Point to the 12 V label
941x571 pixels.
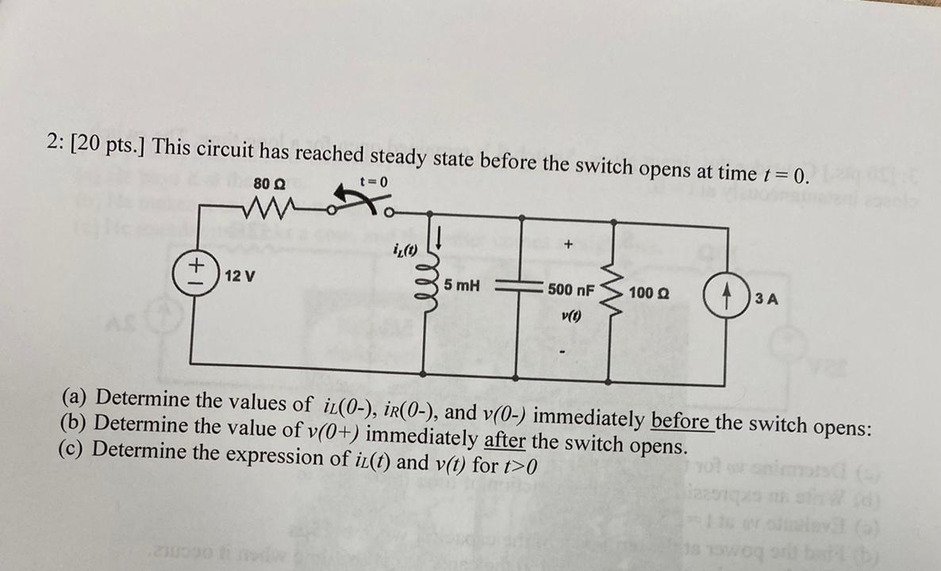click(x=240, y=276)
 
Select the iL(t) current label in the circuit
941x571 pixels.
click(x=405, y=251)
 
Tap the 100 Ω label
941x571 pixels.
click(x=648, y=293)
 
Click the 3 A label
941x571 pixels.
click(x=766, y=299)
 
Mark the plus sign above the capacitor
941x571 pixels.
click(x=567, y=247)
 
